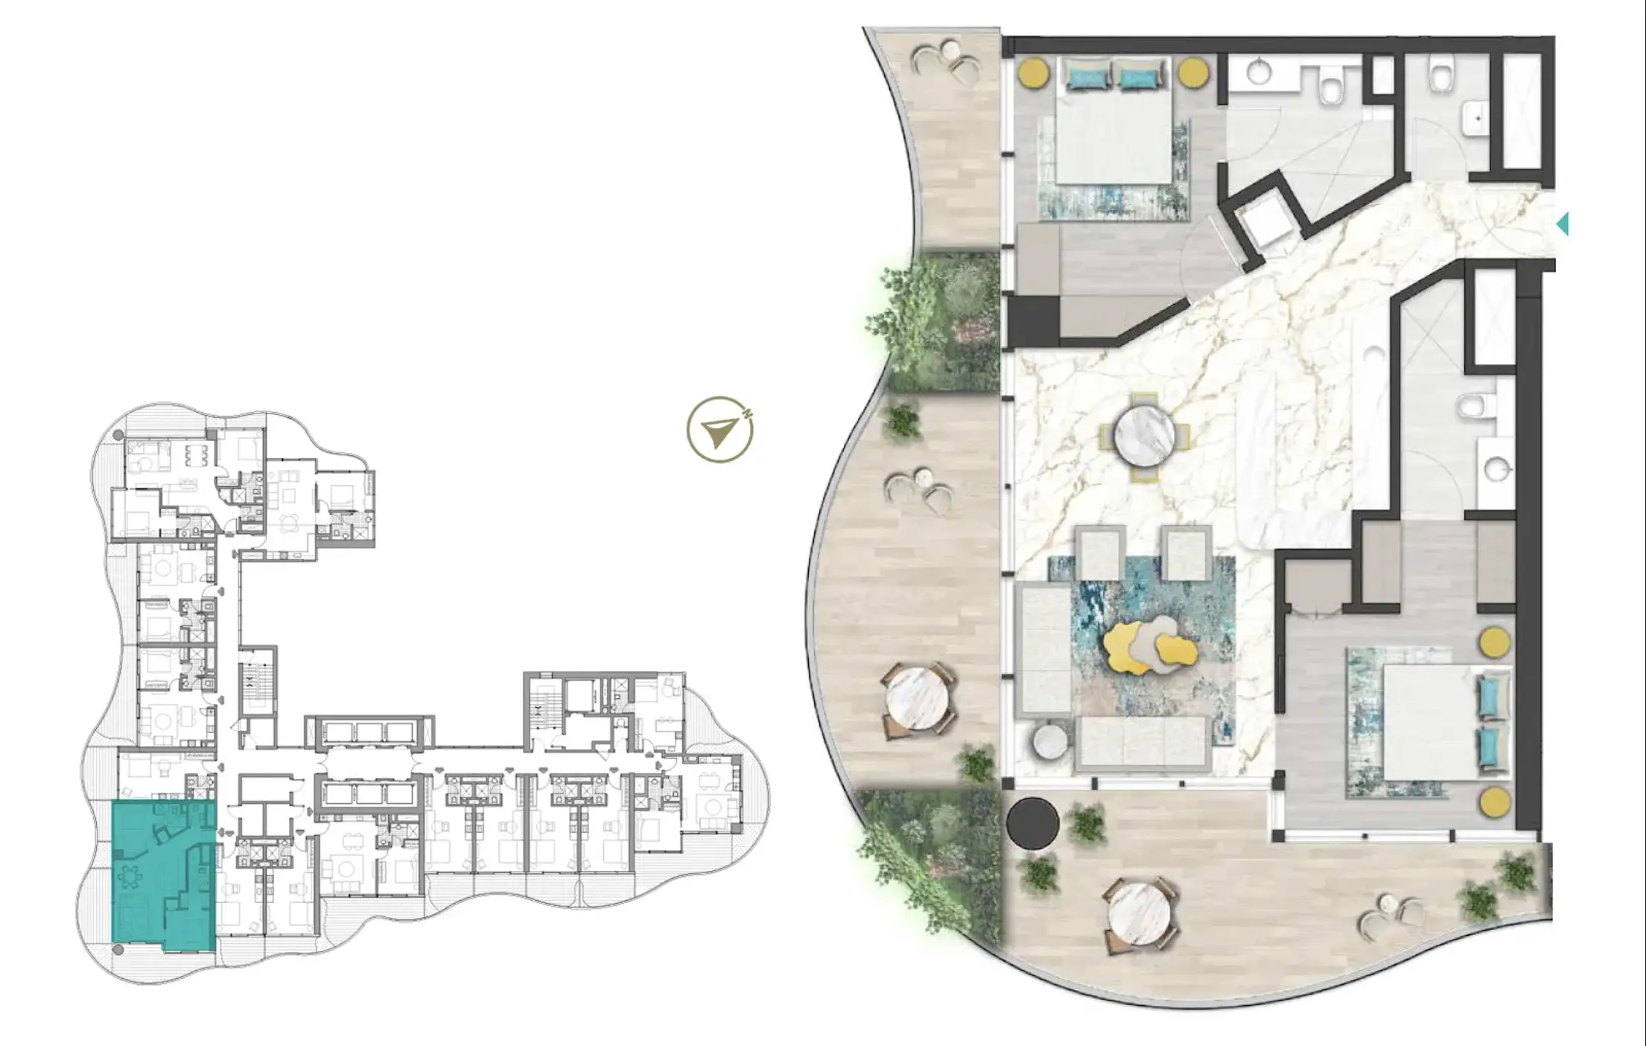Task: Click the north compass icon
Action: click(x=719, y=430)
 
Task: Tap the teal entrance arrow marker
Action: click(x=1563, y=224)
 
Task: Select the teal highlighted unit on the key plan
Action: click(x=163, y=875)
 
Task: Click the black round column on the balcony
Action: click(x=1032, y=822)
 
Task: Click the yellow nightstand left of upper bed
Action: click(x=1034, y=73)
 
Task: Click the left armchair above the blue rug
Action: click(x=1100, y=553)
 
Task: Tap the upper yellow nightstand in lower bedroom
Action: click(x=1494, y=642)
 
